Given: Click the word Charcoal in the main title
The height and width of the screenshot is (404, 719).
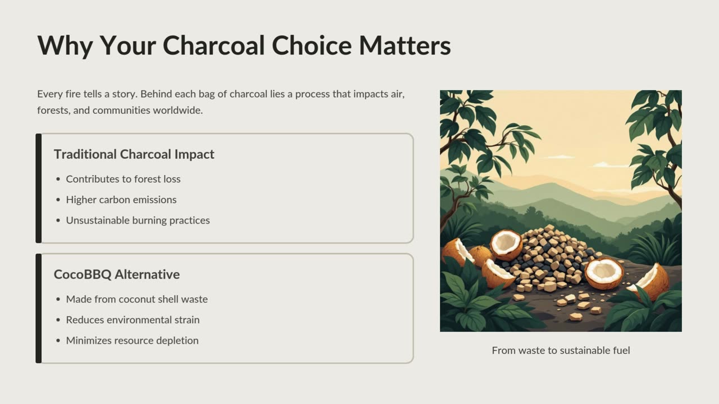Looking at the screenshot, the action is (x=213, y=45).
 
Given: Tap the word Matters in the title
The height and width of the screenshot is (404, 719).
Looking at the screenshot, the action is (x=405, y=45).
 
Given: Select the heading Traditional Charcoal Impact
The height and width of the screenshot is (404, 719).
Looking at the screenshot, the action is (x=134, y=154).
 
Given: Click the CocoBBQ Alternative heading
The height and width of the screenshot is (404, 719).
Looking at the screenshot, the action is (x=116, y=274).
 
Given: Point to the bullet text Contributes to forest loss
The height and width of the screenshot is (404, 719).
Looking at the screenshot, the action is (x=123, y=179).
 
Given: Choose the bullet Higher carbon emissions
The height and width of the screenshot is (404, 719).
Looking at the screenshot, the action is (x=121, y=200).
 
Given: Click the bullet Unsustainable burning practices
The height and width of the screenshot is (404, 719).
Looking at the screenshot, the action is (x=138, y=221).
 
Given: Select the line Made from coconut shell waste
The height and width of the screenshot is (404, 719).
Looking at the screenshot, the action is (x=136, y=299).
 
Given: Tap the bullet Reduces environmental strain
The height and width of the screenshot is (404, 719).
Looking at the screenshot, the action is (x=133, y=320).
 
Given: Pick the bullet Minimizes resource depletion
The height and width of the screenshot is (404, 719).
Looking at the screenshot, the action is (x=132, y=341).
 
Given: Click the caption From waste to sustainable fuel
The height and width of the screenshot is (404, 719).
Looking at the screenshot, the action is (x=561, y=351).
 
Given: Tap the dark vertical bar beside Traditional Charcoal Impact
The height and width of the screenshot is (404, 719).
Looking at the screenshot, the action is (x=39, y=188).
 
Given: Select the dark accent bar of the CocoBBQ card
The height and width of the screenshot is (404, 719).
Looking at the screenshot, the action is (x=39, y=309).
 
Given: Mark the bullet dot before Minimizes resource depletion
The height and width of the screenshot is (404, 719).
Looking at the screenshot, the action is (x=58, y=341).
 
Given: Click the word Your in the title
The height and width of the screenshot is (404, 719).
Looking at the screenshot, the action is (x=128, y=46).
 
